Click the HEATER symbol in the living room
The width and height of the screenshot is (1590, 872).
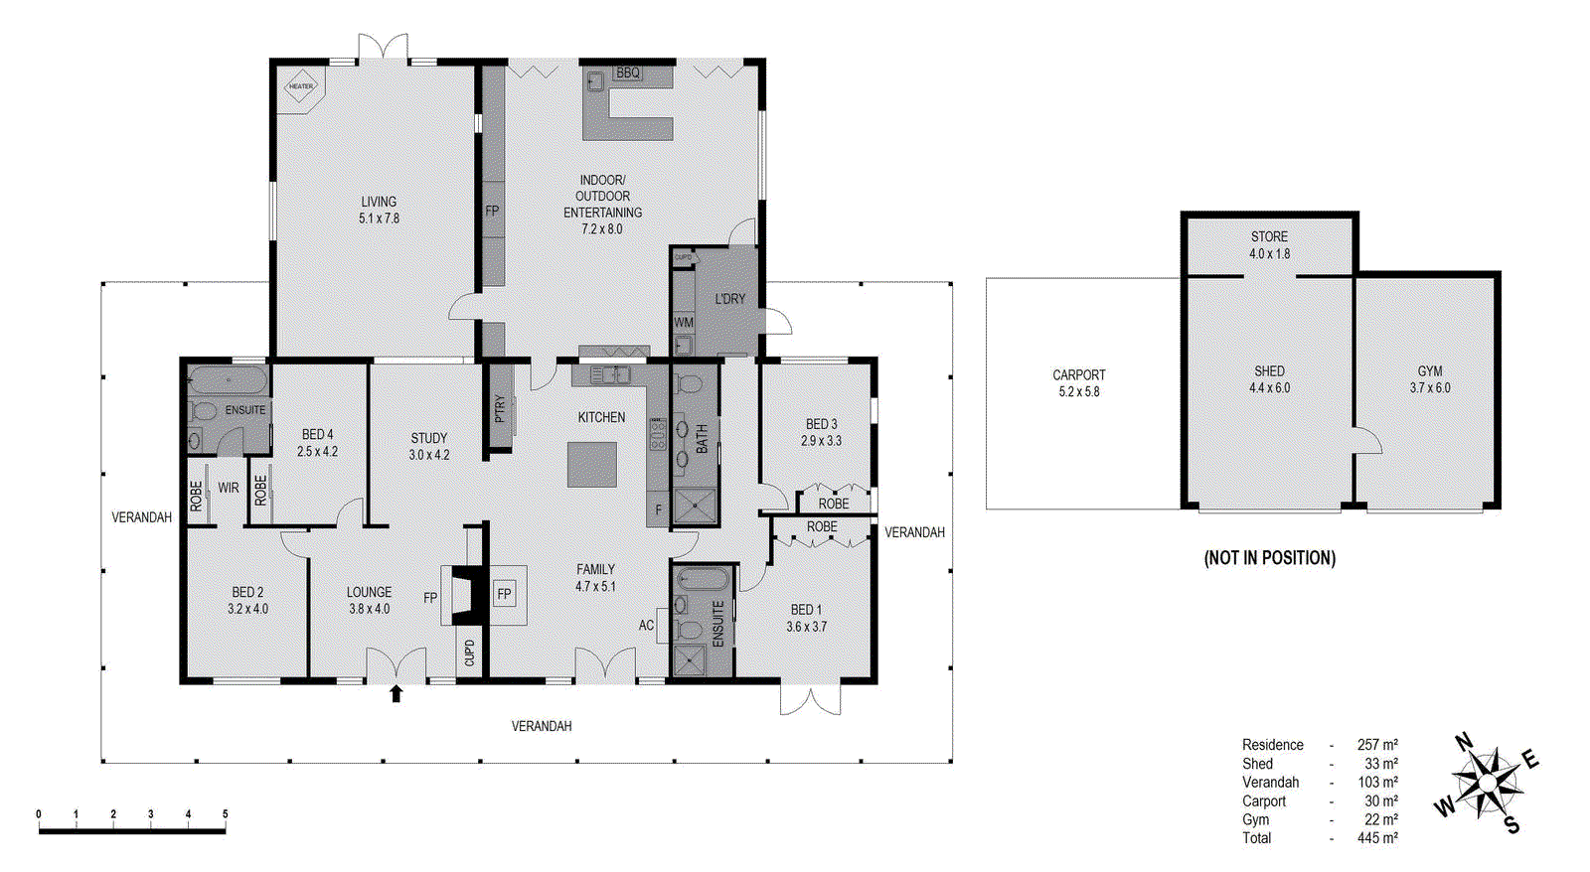(x=301, y=86)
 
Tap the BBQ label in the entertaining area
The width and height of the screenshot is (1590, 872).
(x=628, y=73)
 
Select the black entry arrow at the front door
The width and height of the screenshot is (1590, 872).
(x=396, y=693)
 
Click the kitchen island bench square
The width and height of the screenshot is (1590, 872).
(x=592, y=464)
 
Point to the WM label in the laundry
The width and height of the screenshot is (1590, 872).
(x=684, y=323)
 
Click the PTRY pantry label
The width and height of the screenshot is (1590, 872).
(x=500, y=408)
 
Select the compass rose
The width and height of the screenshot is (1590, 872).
(x=1487, y=784)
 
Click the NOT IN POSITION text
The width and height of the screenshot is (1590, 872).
(x=1269, y=558)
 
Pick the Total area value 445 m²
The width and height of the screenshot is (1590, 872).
(x=1377, y=838)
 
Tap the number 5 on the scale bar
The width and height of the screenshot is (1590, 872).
(x=225, y=814)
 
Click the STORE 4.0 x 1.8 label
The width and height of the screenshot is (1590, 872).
(x=1269, y=245)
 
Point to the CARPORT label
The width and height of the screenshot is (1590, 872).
(x=1078, y=375)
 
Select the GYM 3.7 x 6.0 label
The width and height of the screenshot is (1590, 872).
(x=1429, y=379)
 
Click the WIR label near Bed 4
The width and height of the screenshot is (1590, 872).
(x=229, y=488)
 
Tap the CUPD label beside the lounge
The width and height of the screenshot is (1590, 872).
(x=469, y=653)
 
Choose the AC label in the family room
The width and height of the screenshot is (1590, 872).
(x=646, y=626)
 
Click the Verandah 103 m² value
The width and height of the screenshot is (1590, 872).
(x=1377, y=783)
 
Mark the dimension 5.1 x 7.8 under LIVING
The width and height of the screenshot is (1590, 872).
(x=379, y=218)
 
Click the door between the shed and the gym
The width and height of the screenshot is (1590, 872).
(x=1366, y=441)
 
